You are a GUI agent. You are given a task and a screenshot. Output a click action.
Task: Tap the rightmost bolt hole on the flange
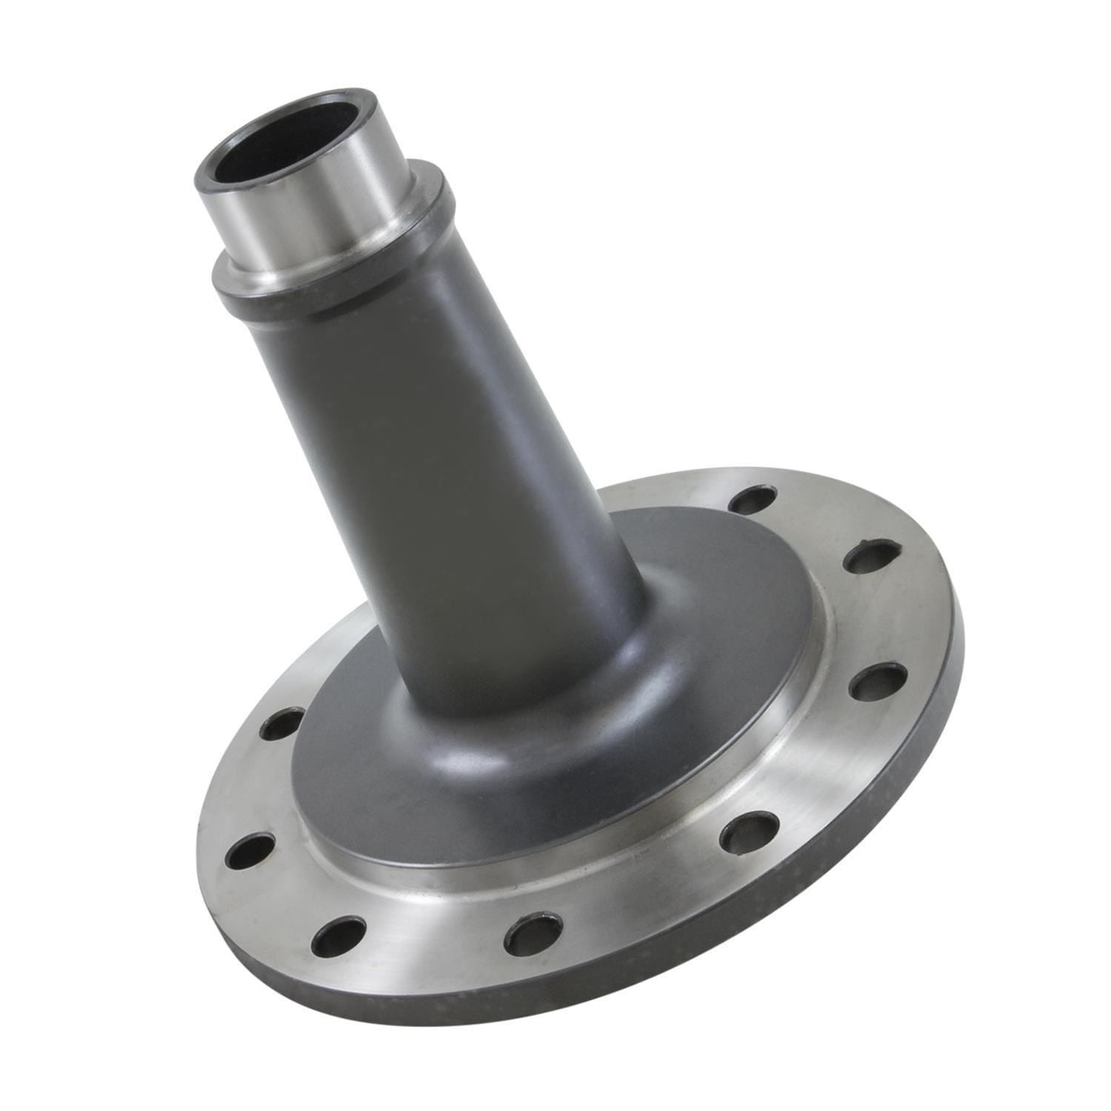click(878, 682)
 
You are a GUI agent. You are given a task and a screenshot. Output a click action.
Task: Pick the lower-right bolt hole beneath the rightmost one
click(749, 832)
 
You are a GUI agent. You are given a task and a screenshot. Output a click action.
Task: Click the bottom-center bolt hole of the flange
click(533, 933)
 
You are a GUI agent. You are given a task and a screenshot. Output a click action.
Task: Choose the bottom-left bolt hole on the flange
click(338, 936)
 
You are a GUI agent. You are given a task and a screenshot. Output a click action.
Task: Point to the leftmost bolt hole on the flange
click(250, 852)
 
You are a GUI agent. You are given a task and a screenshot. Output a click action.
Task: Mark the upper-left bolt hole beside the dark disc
click(282, 724)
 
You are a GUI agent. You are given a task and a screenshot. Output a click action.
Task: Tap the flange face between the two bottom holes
click(437, 941)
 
